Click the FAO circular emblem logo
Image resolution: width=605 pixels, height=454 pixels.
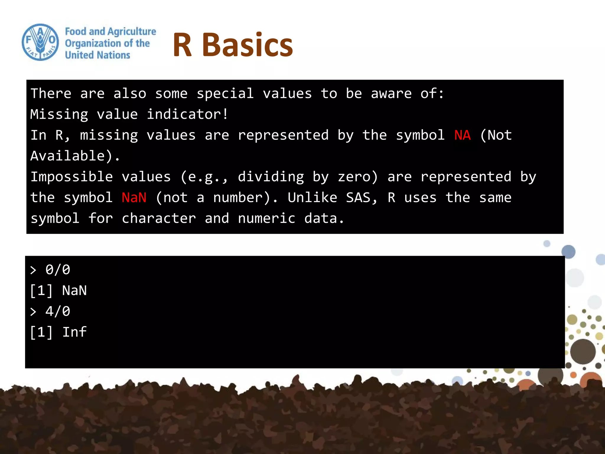(40, 42)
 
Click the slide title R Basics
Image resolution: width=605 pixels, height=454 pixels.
(232, 45)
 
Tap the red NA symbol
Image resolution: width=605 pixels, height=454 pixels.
(462, 135)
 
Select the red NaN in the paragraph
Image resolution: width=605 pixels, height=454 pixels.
(134, 197)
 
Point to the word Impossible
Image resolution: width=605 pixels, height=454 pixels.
(71, 177)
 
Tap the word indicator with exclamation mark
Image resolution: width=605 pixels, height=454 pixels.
(187, 114)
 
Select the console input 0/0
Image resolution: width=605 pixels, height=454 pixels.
(58, 270)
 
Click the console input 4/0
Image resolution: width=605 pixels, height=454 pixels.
(58, 311)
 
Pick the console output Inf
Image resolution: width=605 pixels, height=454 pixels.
(74, 332)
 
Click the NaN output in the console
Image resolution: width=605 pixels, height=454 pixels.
(74, 291)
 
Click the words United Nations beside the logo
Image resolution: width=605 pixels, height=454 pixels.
(97, 55)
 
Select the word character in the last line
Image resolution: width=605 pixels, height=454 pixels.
(159, 218)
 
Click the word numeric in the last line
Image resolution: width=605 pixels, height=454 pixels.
(266, 218)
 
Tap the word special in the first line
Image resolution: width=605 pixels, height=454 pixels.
(225, 94)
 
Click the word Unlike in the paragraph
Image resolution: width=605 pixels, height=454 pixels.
(312, 197)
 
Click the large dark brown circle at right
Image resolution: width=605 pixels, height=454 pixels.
(583, 351)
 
